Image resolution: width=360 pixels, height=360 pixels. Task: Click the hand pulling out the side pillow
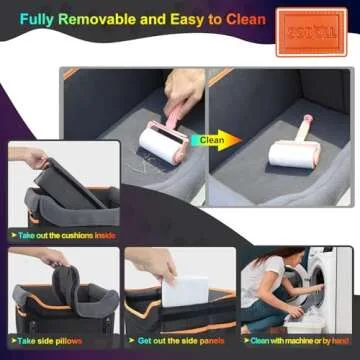(x=55, y=258)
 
